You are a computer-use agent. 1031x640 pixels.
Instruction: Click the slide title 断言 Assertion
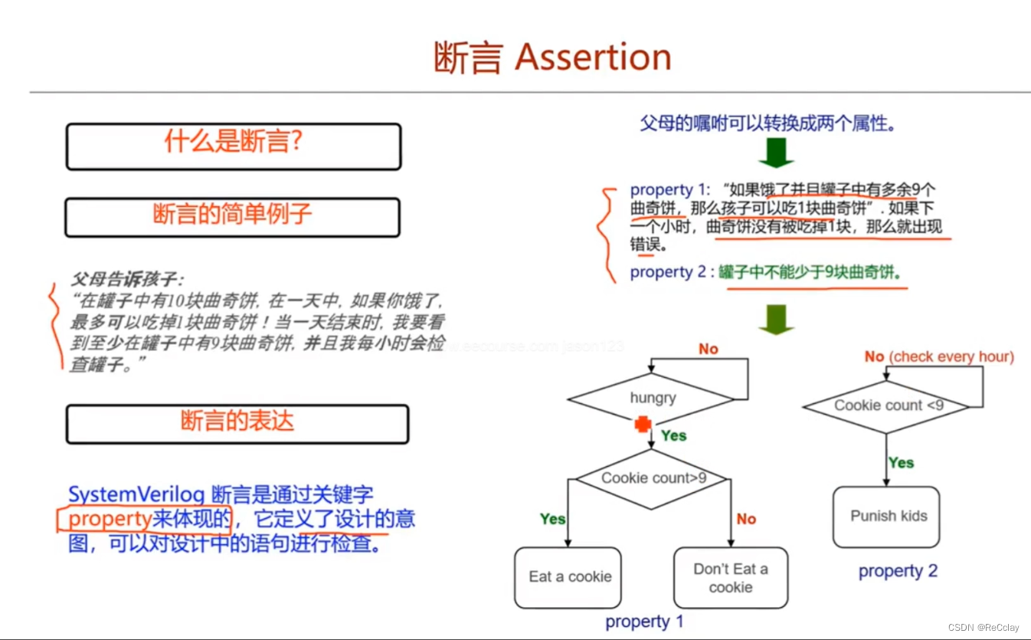pos(552,57)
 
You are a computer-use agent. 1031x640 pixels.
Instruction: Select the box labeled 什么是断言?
pos(233,146)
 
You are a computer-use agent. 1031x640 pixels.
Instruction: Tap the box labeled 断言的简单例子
pos(232,216)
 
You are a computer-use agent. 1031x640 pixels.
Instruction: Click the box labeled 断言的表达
pos(237,424)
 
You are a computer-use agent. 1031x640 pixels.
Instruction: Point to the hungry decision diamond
pos(653,398)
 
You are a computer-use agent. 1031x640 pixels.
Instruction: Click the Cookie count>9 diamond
pos(653,478)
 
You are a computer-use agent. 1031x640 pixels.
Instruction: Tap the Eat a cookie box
pos(570,577)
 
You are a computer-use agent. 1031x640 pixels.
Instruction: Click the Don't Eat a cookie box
pos(730,578)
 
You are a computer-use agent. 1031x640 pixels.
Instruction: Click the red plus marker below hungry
pos(643,425)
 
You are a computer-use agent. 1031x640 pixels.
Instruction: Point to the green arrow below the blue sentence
pos(775,153)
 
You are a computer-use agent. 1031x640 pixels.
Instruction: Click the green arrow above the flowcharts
pos(775,319)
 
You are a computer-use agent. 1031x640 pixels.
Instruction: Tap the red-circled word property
pos(109,520)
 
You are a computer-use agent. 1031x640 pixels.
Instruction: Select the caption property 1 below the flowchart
pos(644,622)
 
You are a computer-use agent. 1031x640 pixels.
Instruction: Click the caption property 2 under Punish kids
pos(898,571)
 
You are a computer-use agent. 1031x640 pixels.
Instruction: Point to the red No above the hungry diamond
pos(708,350)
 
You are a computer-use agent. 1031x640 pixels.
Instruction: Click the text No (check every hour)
pos(939,356)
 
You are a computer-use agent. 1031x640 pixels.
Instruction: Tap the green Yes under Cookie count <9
pos(901,462)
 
